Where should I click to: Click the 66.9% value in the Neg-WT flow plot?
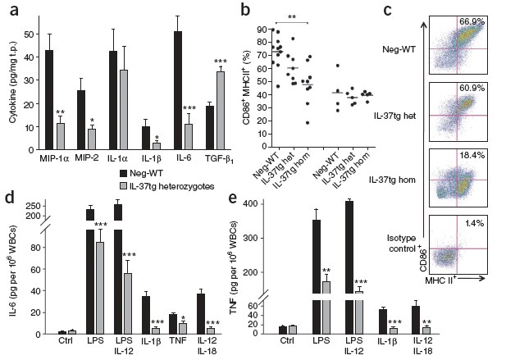471,21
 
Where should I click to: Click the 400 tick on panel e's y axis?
281,203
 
